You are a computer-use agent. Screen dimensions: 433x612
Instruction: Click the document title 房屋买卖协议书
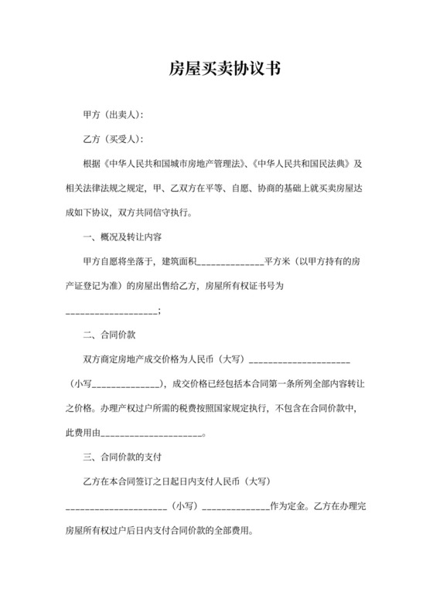coord(217,70)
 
